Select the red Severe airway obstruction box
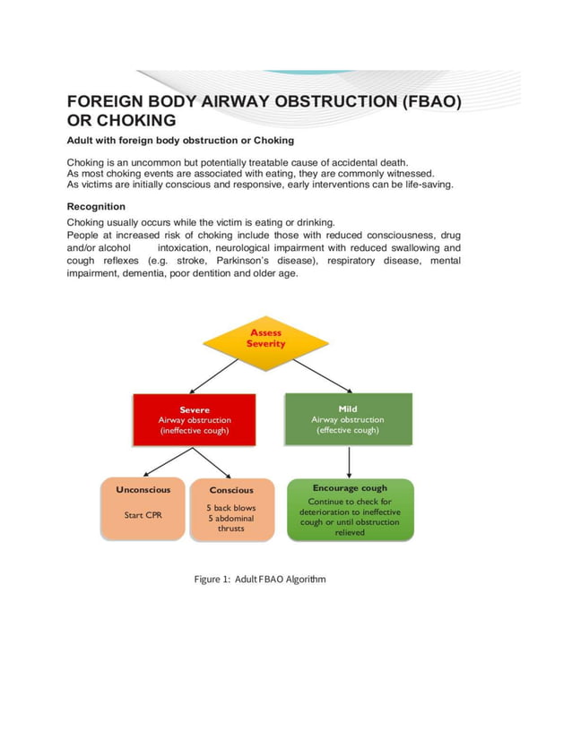click(195, 419)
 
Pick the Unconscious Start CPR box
click(142, 509)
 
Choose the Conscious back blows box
click(231, 509)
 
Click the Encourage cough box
click(350, 509)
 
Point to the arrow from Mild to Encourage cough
click(349, 461)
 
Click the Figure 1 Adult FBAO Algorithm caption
click(260, 579)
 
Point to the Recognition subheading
click(96, 206)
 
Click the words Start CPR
click(142, 515)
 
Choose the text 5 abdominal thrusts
click(231, 523)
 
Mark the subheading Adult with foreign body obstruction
click(180, 141)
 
